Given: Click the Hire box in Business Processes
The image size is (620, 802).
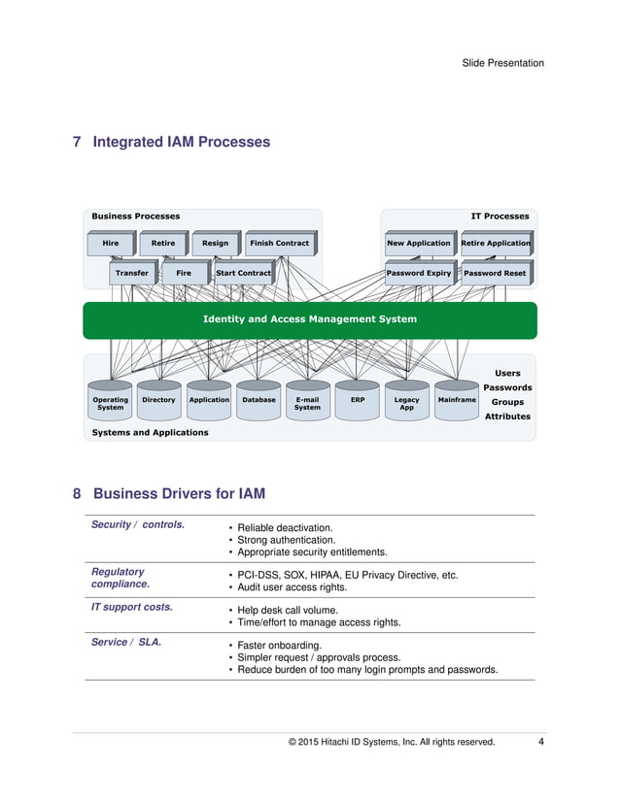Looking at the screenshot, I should tap(110, 243).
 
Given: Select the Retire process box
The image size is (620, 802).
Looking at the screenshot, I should tap(162, 243).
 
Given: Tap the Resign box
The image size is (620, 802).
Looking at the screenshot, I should tap(215, 243).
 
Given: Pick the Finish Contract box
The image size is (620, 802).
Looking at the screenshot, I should tap(279, 243).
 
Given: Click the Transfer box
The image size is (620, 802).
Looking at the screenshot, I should tap(131, 273).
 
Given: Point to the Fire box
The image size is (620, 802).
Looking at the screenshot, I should tap(184, 273).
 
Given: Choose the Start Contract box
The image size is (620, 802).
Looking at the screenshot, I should tap(243, 273).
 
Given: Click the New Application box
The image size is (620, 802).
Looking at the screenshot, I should tap(418, 243).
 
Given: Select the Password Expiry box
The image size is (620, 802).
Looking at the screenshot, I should tap(418, 273).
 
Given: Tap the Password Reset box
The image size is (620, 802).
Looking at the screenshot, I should tap(495, 273).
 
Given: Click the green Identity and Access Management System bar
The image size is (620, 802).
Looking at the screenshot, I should tap(309, 319).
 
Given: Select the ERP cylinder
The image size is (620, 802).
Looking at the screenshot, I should tap(357, 401).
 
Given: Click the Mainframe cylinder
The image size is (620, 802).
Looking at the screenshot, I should tap(457, 401).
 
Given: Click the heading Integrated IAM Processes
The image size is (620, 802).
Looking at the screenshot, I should tap(181, 143).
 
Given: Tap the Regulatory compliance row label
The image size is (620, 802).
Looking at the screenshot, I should tap(121, 578).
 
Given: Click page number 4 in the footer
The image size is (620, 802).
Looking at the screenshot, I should tap(540, 743).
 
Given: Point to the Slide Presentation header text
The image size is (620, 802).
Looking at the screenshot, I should tap(502, 63).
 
